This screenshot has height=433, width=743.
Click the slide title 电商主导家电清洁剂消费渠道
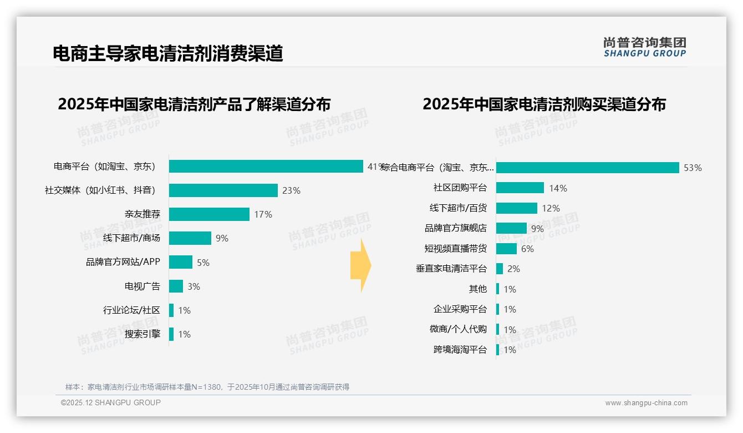tap(167, 53)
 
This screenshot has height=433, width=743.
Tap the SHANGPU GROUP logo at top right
tap(644, 47)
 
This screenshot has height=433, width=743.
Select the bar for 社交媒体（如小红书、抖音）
tap(223, 190)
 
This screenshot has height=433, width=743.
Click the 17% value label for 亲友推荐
tap(263, 214)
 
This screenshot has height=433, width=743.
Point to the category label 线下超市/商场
tap(131, 238)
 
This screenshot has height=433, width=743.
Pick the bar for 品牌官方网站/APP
tap(181, 262)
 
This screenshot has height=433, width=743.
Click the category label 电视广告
tap(142, 286)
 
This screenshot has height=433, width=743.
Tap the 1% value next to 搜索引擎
tap(184, 334)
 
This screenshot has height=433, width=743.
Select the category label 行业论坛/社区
tap(131, 310)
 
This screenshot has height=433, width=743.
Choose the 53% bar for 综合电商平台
tap(587, 168)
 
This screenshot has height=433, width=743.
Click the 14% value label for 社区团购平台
tap(558, 188)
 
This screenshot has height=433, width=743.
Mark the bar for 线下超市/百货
tap(516, 208)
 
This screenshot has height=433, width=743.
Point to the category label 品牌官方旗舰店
tap(455, 228)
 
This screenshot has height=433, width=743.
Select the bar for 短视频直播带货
tap(506, 249)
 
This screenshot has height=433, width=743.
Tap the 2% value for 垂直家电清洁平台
tap(513, 269)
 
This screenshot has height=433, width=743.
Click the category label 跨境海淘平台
tap(460, 350)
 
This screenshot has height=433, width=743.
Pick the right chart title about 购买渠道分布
tap(544, 104)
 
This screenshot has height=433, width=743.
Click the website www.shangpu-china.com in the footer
tap(646, 403)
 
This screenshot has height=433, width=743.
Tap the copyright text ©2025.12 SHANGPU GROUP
tap(110, 402)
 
